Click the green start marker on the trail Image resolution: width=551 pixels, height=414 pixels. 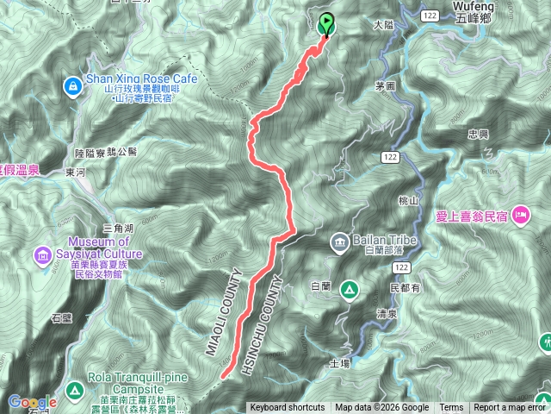coord(327,23)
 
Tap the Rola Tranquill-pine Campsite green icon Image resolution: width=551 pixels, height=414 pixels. coord(75,391)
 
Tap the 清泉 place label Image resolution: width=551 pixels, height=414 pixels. coord(388,316)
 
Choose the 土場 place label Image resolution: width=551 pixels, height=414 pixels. coord(339,364)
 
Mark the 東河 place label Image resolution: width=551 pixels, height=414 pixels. coord(75,173)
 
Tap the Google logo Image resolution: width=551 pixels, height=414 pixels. coord(32,402)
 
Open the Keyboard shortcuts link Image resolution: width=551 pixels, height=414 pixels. coord(287,408)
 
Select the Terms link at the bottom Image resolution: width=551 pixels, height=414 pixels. coord(451,408)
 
